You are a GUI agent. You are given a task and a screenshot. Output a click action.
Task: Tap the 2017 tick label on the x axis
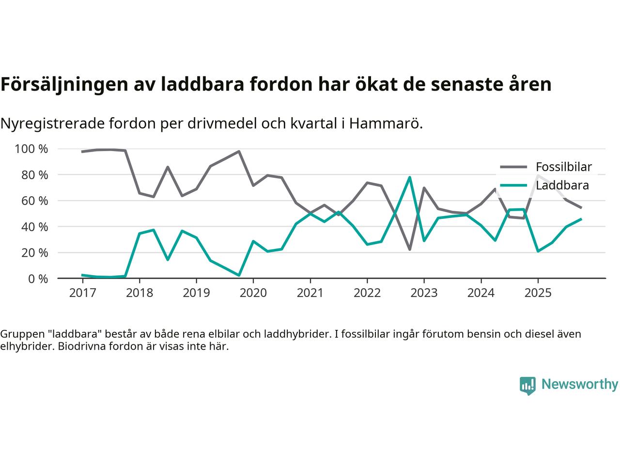pos(82,293)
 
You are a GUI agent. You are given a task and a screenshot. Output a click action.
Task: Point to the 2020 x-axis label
pos(253,293)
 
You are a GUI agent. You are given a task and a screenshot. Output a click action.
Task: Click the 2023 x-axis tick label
pos(424,293)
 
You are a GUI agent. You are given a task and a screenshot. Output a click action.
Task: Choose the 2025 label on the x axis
pos(538,293)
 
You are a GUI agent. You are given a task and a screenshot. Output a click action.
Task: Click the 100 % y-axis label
pos(31,149)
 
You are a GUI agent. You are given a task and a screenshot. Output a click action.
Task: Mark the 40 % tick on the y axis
pos(34,227)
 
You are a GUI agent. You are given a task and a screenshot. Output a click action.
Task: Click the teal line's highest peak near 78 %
pos(410,177)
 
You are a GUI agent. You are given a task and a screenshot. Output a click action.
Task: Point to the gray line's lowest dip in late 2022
pos(410,249)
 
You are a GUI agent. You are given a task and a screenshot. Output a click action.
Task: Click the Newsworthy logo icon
pos(527,386)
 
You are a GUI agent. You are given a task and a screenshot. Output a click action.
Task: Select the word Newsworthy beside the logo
pos(579,385)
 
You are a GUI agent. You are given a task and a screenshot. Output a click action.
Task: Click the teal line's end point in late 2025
pos(581,219)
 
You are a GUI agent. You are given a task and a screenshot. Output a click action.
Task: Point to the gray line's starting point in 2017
pos(82,152)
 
